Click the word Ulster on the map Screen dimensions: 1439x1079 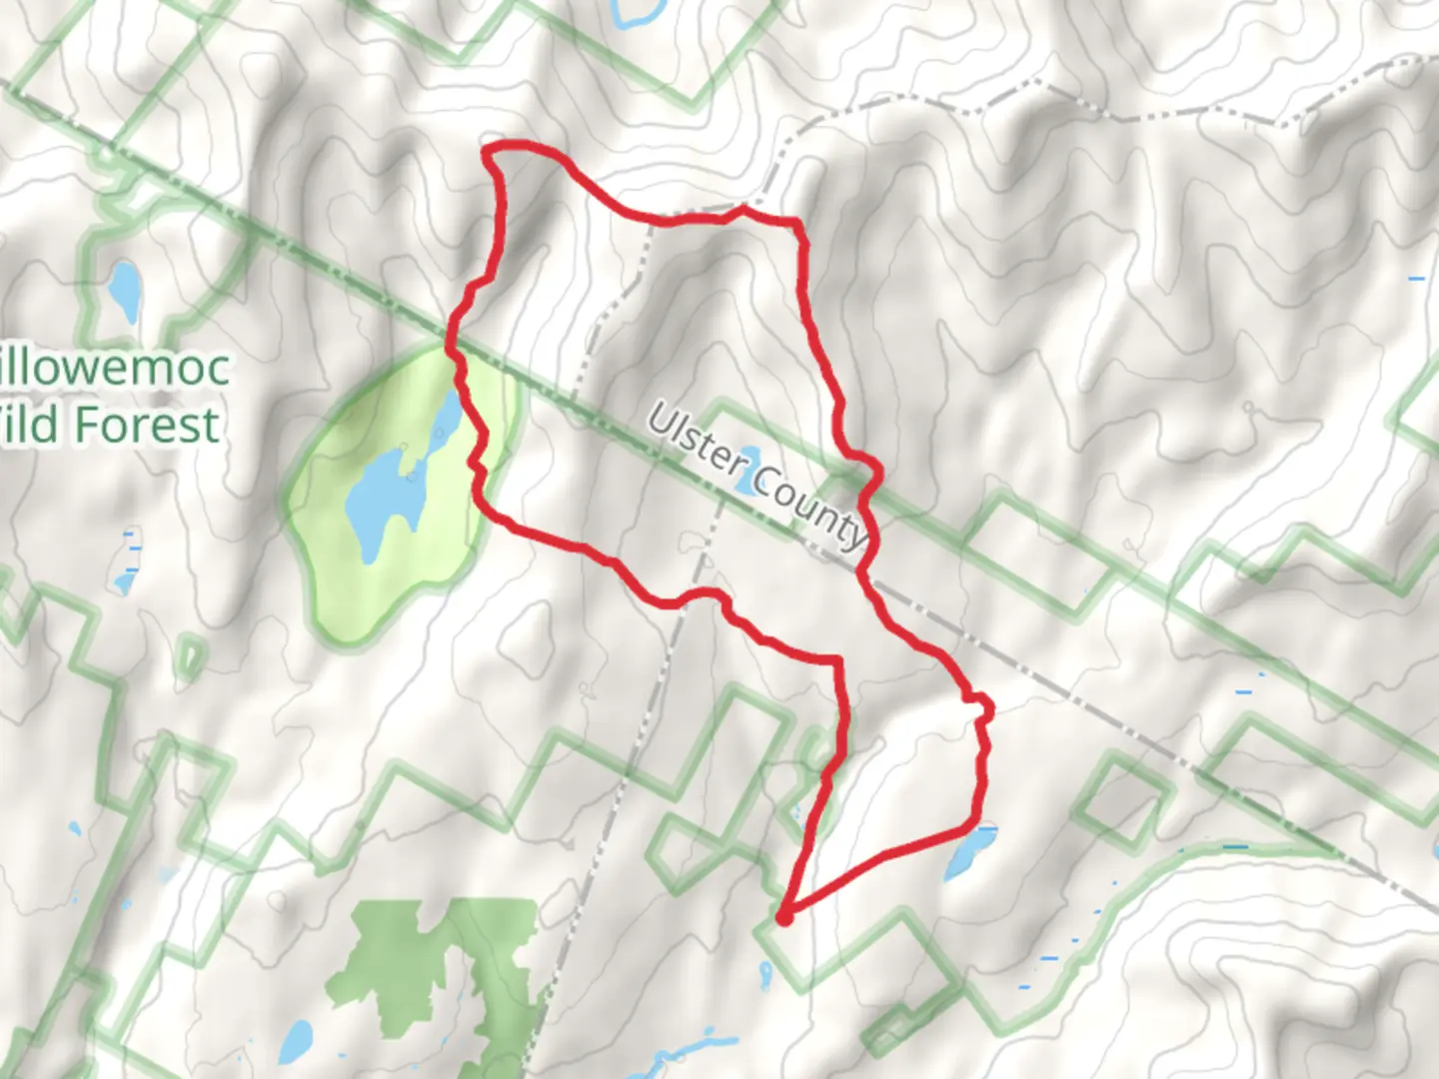697,441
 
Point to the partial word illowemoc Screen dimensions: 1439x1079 114,368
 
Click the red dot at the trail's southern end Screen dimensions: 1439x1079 784,916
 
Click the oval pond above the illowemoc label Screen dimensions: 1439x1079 125,289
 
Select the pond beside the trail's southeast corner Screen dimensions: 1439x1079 964,855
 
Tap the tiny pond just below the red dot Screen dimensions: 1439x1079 765,970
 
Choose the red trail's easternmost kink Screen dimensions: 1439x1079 988,708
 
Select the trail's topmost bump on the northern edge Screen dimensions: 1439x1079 742,209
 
